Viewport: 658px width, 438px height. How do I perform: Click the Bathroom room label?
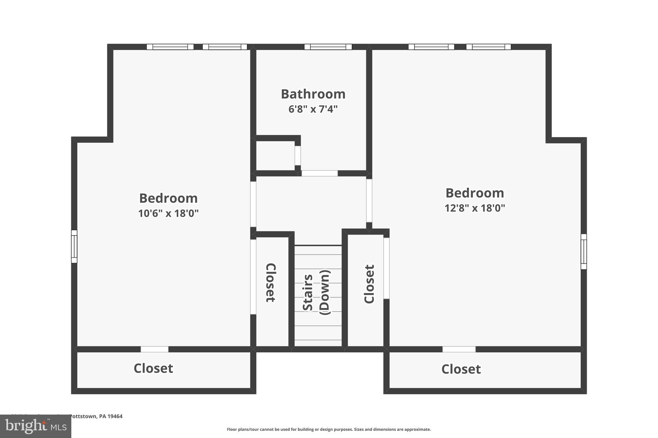(x=313, y=94)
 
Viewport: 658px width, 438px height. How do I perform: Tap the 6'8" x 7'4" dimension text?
(x=313, y=109)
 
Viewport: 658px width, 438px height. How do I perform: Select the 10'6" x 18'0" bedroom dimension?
(x=168, y=213)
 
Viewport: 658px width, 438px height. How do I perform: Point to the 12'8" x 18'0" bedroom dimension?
(x=475, y=208)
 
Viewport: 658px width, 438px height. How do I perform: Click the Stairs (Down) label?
(x=316, y=292)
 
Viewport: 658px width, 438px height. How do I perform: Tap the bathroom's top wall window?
(x=328, y=47)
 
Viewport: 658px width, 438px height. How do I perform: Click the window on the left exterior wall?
(x=74, y=246)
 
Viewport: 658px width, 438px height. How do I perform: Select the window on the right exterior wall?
(x=583, y=252)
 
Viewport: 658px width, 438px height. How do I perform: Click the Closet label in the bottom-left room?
(x=153, y=368)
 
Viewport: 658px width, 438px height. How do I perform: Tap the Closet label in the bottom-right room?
(x=461, y=369)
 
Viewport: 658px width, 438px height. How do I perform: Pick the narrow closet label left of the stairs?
(x=271, y=283)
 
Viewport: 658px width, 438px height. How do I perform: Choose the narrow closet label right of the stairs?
(x=369, y=284)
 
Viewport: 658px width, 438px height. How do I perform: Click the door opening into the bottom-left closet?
(x=155, y=349)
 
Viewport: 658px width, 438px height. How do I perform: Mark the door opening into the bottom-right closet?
(x=459, y=349)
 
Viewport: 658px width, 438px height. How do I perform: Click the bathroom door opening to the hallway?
(x=319, y=173)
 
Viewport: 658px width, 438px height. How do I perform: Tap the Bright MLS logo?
(x=35, y=426)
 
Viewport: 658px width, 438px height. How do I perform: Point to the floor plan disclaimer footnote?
(x=329, y=429)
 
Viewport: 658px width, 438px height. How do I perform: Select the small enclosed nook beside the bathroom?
(x=275, y=156)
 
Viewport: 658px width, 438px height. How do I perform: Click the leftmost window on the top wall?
(x=170, y=47)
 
